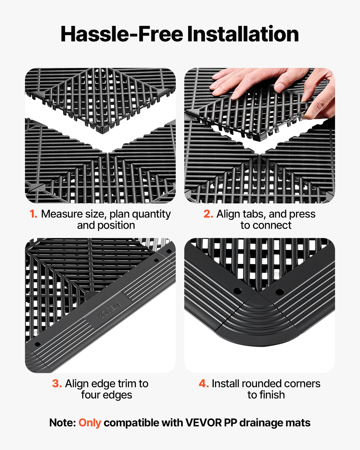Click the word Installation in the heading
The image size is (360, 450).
(x=243, y=34)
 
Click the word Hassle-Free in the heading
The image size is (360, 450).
(x=122, y=34)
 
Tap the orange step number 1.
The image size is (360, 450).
(x=33, y=214)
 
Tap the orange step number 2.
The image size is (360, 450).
(x=208, y=214)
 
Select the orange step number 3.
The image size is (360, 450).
(x=57, y=384)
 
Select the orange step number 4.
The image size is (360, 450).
(x=204, y=384)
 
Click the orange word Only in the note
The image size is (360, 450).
(x=90, y=423)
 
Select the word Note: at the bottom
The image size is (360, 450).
(x=62, y=423)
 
